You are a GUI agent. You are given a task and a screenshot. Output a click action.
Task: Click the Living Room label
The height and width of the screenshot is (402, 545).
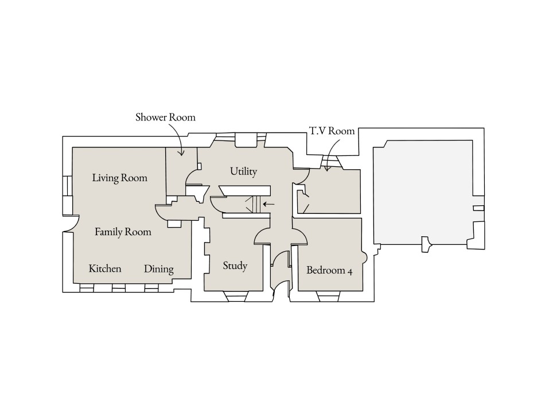pos(119,178)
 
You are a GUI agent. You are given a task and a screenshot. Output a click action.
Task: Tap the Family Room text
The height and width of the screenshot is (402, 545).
pos(123,232)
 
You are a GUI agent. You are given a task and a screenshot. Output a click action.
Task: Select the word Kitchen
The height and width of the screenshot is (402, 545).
pos(105,268)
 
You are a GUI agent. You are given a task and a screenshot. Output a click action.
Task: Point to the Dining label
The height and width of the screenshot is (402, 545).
pos(158,269)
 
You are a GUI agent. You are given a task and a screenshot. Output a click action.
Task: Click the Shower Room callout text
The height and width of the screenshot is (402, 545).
pos(165,118)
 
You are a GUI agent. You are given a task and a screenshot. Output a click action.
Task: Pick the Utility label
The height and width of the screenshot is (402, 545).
pos(243,171)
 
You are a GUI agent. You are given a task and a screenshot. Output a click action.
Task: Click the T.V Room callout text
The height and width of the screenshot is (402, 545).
pos(333,131)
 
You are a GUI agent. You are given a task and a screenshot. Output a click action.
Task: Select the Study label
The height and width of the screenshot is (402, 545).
pos(235,266)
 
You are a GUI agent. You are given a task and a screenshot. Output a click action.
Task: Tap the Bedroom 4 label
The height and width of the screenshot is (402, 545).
pos(329,270)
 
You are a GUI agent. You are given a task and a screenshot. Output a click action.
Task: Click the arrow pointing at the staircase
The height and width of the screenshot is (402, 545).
pos(268,204)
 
